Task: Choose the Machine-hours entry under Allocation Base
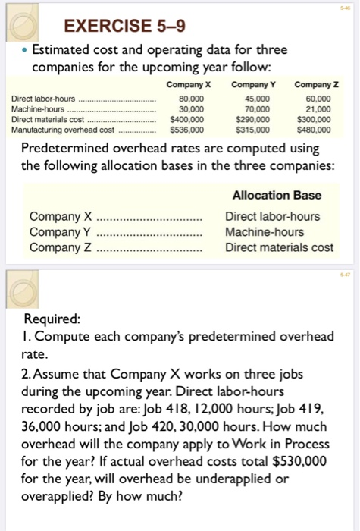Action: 264,231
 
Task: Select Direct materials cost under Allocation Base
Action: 279,247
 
